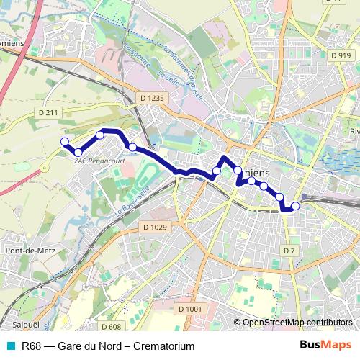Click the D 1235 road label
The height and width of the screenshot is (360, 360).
point(153,97)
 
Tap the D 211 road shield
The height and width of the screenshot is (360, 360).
point(48,113)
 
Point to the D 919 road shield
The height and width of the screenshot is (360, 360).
point(341,55)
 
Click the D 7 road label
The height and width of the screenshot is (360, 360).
point(289,250)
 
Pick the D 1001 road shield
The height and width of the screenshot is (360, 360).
point(189,308)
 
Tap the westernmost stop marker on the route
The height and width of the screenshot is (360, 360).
point(64,141)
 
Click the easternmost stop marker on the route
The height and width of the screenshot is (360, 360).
point(295,206)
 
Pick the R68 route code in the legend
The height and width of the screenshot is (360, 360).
point(31,346)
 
